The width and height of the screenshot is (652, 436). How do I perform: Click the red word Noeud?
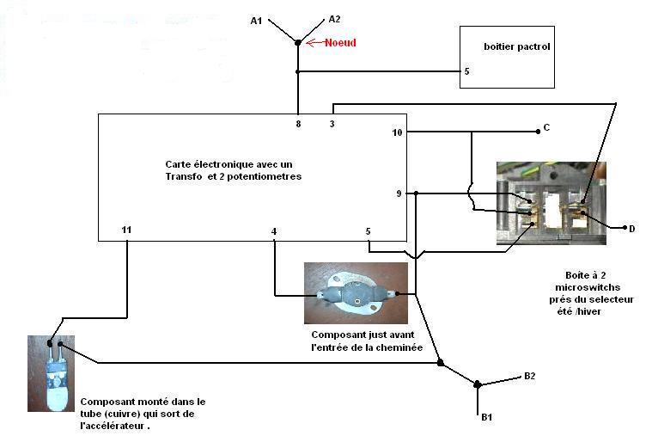click(340, 43)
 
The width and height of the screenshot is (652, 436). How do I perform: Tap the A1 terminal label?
click(256, 21)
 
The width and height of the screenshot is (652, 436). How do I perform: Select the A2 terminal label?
click(334, 19)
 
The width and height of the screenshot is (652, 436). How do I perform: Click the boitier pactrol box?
click(506, 56)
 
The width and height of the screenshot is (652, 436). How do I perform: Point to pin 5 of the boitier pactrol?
click(466, 71)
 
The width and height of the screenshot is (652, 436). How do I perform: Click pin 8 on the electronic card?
click(298, 124)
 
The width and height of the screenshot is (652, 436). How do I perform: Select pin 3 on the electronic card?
click(332, 124)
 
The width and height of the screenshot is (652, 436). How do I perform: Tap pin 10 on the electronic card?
click(397, 132)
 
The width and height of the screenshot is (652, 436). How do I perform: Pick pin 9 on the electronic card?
click(399, 193)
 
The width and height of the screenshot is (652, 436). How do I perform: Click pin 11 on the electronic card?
click(126, 230)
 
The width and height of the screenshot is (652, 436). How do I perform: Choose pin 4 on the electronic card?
click(274, 230)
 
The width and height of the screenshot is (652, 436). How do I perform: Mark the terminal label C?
click(546, 128)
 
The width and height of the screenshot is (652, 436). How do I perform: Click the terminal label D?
click(631, 229)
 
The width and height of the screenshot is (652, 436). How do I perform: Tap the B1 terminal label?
click(486, 417)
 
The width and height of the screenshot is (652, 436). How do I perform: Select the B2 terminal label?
click(530, 377)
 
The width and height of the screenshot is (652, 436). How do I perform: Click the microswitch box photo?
click(551, 203)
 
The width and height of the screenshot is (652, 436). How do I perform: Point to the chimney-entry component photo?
click(356, 293)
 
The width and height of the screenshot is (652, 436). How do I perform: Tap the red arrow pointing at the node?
click(314, 42)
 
